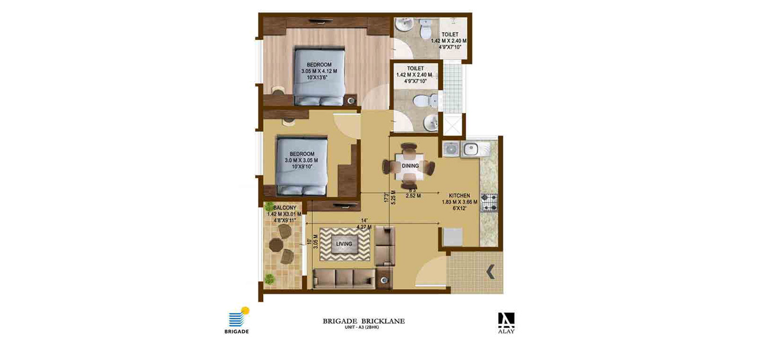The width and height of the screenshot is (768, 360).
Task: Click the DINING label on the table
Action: (x=410, y=166)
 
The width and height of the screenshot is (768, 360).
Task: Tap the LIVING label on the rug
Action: (x=344, y=244)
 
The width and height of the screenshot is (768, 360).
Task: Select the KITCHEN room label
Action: (x=459, y=196)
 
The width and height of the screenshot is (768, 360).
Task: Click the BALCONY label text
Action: (x=285, y=208)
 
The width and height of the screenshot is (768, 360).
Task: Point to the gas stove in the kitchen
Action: (x=489, y=202)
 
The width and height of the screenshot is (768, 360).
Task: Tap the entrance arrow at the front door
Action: (x=490, y=272)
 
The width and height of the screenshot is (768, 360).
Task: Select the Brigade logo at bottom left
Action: (x=237, y=320)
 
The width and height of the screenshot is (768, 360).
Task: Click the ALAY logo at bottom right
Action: (x=507, y=323)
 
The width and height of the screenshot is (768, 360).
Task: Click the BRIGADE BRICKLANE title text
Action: (x=364, y=322)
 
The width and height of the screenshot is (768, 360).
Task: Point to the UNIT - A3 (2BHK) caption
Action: (x=362, y=327)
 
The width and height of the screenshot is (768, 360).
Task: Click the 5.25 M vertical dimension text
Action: (x=393, y=197)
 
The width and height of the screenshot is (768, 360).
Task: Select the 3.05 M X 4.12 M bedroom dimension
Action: (x=319, y=71)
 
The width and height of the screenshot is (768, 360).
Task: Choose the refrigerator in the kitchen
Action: (x=453, y=237)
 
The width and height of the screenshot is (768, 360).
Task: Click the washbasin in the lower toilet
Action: (x=431, y=123)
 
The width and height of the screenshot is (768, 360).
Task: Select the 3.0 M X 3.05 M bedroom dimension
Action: (x=301, y=160)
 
